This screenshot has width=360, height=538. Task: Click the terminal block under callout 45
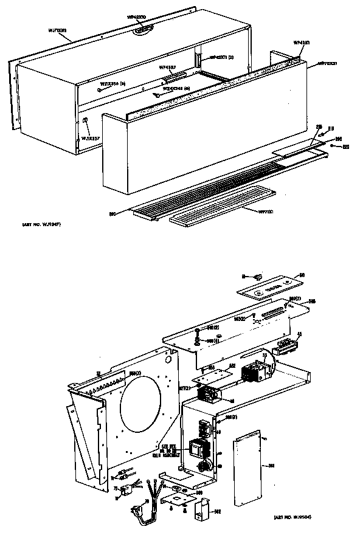point(286,348)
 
